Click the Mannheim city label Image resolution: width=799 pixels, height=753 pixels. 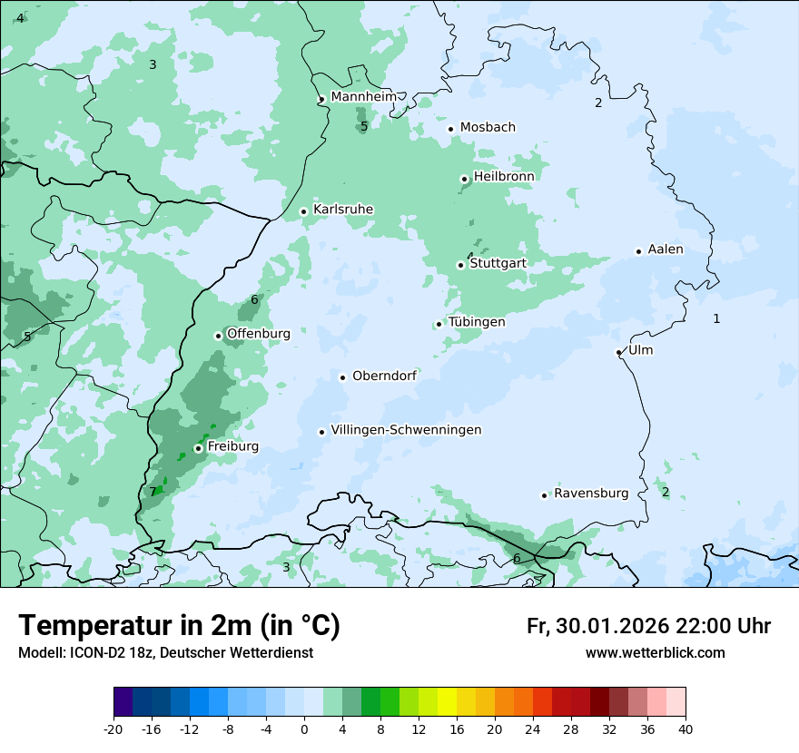pyautogui.click(x=363, y=96)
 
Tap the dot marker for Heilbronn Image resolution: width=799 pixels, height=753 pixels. pyautogui.click(x=464, y=179)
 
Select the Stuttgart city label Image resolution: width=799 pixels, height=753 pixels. pyautogui.click(x=498, y=263)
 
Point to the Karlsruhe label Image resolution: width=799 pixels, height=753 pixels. pyautogui.click(x=342, y=210)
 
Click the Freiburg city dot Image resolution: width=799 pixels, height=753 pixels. pyautogui.click(x=198, y=448)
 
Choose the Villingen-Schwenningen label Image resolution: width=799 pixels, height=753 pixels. pyautogui.click(x=406, y=430)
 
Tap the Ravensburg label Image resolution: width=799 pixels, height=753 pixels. pyautogui.click(x=591, y=494)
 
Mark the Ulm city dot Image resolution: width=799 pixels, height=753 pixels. pyautogui.click(x=619, y=352)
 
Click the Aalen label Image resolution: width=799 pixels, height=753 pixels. pyautogui.click(x=666, y=249)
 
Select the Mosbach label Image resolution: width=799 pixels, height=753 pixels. pyautogui.click(x=488, y=127)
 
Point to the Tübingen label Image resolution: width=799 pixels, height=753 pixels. pyautogui.click(x=477, y=322)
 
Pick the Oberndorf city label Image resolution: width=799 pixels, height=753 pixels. pyautogui.click(x=384, y=376)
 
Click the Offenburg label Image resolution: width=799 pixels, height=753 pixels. pyautogui.click(x=259, y=334)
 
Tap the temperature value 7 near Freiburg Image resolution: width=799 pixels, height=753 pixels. pyautogui.click(x=153, y=493)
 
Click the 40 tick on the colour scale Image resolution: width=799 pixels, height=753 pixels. pyautogui.click(x=685, y=729)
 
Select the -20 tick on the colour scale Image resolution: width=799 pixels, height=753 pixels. pyautogui.click(x=113, y=729)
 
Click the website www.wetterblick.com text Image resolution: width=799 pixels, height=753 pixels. pyautogui.click(x=655, y=652)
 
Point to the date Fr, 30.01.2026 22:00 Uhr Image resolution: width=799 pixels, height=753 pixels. pyautogui.click(x=648, y=626)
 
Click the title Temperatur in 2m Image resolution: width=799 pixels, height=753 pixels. pyautogui.click(x=180, y=625)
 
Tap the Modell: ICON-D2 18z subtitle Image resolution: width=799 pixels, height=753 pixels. pyautogui.click(x=165, y=652)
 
